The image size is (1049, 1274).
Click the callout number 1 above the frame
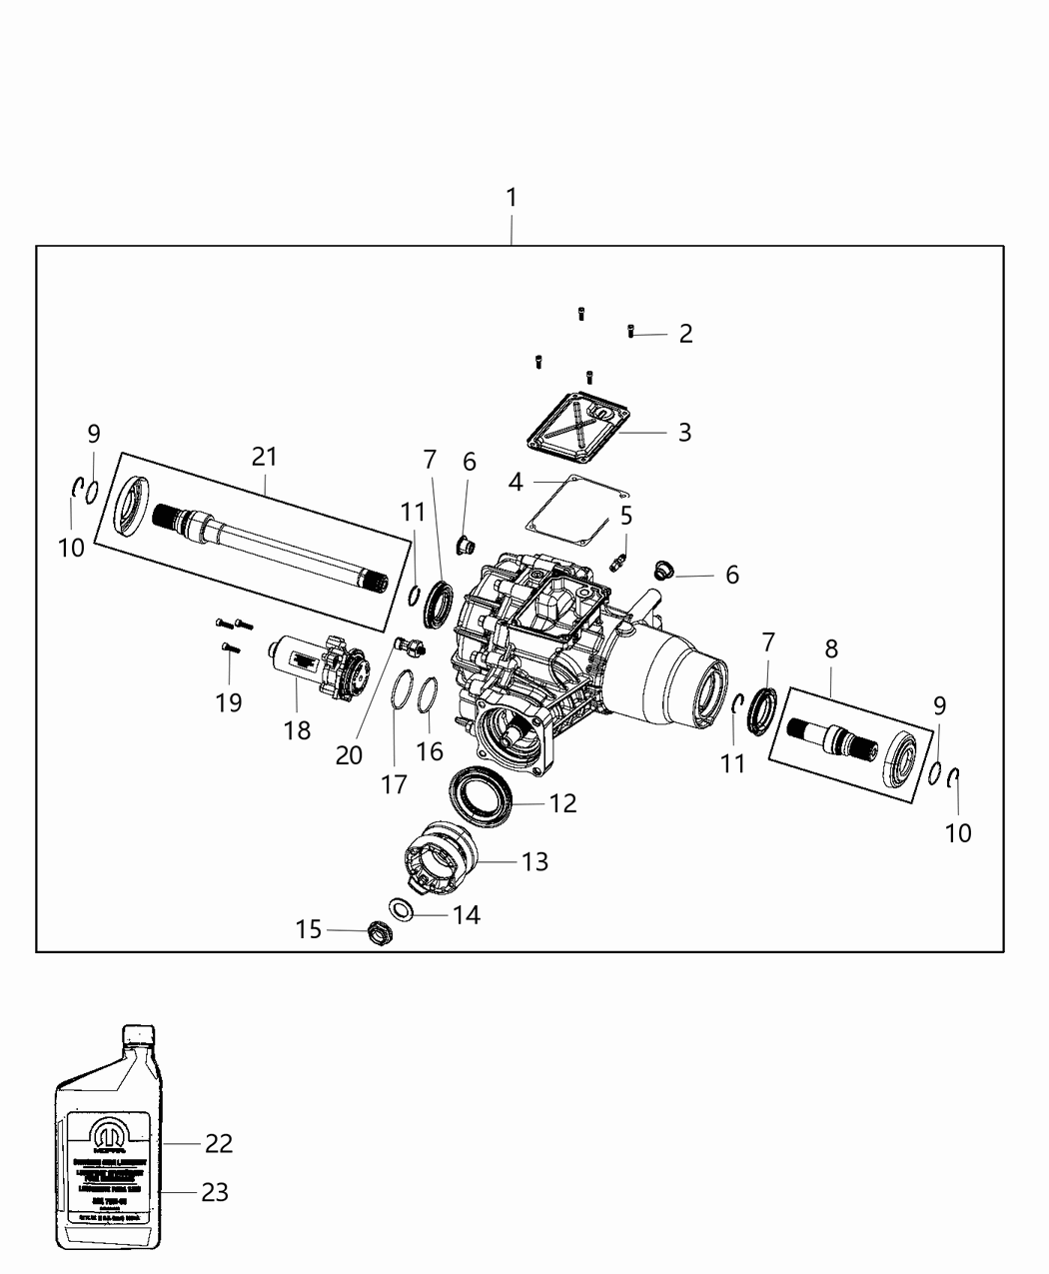[x=512, y=198]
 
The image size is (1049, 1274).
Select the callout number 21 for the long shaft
[x=265, y=457]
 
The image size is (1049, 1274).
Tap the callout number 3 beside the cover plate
[x=684, y=433]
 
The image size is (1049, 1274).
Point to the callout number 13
[x=535, y=861]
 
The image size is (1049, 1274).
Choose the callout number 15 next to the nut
[x=309, y=929]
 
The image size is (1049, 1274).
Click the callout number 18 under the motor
[x=297, y=730]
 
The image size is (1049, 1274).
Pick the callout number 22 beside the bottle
[x=219, y=1143]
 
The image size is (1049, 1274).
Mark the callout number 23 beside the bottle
[x=215, y=1192]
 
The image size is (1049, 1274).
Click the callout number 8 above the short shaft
[x=831, y=649]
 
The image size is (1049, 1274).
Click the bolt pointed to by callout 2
[x=631, y=332]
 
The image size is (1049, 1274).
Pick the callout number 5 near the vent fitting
[x=626, y=517]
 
